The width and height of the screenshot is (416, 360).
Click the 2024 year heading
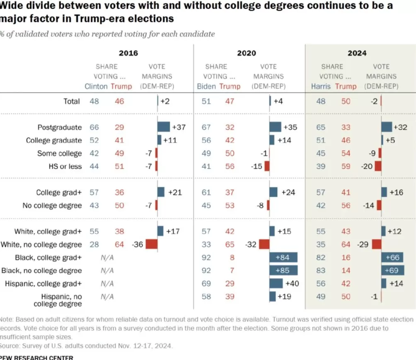(x=357, y=53)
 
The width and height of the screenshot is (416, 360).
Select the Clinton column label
(x=96, y=86)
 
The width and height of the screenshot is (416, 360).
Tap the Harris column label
(x=321, y=86)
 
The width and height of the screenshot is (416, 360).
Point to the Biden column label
(x=206, y=86)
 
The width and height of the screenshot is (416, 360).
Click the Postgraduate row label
(x=60, y=127)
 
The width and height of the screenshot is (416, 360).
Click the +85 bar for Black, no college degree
(x=283, y=270)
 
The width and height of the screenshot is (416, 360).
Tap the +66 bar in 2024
(x=392, y=258)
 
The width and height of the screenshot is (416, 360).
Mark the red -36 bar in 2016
(x=151, y=244)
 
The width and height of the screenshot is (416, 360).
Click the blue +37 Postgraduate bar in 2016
(x=163, y=127)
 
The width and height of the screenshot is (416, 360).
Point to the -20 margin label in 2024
(x=367, y=166)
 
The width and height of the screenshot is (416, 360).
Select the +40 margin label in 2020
(x=292, y=284)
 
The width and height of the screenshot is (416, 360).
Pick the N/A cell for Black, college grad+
(x=107, y=258)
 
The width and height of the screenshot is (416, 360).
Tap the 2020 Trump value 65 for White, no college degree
(x=230, y=244)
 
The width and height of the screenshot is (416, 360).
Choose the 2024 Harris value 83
(x=321, y=270)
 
